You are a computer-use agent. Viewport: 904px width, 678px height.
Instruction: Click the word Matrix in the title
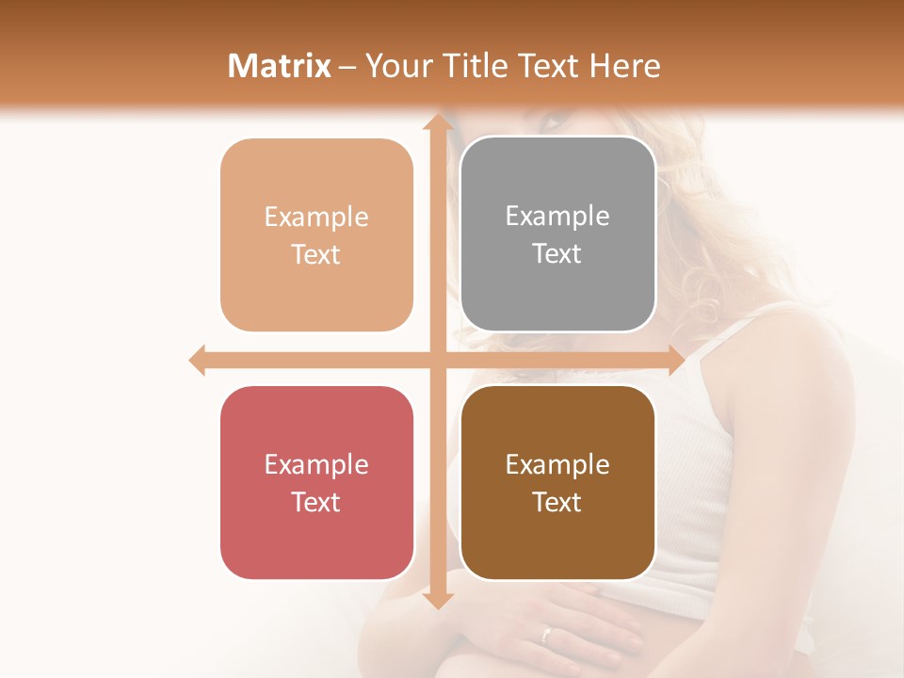click(x=280, y=66)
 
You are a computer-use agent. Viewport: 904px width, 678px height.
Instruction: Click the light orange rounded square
click(x=316, y=235)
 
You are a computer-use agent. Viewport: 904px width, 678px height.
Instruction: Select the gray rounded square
click(x=557, y=234)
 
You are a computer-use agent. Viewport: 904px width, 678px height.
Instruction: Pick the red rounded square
click(x=316, y=482)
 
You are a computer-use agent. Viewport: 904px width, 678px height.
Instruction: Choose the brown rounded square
click(x=557, y=482)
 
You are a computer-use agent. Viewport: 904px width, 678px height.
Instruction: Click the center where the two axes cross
click(x=437, y=360)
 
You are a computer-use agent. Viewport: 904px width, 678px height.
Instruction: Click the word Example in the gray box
click(x=557, y=216)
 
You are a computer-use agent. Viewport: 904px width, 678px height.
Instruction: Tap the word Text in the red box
click(x=316, y=502)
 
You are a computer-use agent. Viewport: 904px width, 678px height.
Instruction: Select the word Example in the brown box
click(x=557, y=464)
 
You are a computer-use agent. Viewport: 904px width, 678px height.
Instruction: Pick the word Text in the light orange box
click(x=316, y=255)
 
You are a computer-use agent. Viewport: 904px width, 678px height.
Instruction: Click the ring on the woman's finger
click(x=547, y=634)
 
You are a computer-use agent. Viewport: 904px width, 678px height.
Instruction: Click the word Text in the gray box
click(x=557, y=254)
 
